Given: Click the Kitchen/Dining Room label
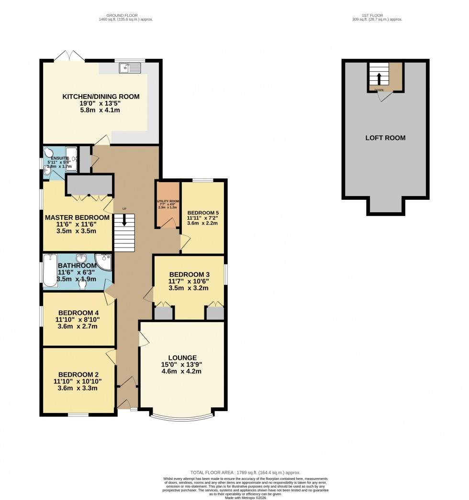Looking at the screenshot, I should tap(101, 97).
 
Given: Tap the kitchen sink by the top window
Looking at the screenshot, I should tap(130, 68).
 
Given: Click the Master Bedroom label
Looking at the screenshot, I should tap(77, 217).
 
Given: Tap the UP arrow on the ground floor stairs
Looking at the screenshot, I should tap(124, 220).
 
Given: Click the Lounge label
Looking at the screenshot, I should tap(182, 358).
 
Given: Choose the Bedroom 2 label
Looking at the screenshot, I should tap(77, 374).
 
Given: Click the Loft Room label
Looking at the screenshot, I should tap(385, 138).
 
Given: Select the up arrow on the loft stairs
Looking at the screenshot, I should tap(379, 78).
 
